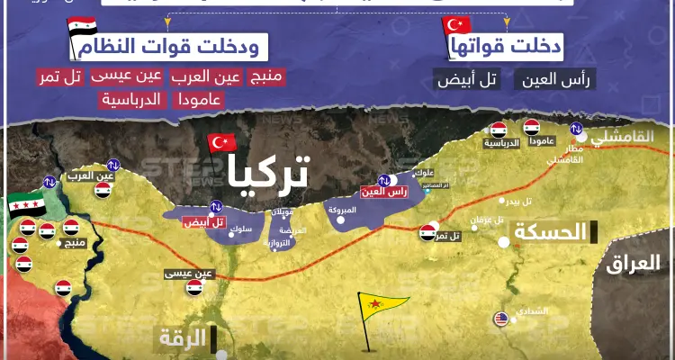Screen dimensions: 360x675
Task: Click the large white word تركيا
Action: tap(266, 171)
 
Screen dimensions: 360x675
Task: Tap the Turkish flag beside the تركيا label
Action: tap(221, 143)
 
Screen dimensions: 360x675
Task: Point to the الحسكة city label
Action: tap(549, 233)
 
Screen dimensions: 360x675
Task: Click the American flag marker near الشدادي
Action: tap(500, 318)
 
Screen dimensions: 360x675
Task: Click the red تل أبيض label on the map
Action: tap(205, 221)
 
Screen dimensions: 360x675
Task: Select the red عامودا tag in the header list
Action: tap(193, 99)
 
